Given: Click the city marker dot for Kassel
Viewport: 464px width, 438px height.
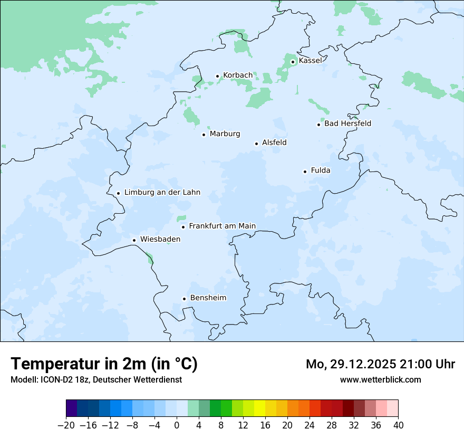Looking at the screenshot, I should (x=293, y=62).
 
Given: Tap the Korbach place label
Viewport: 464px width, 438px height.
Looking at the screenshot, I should (x=238, y=75).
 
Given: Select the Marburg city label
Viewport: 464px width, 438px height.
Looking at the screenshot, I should (x=225, y=134).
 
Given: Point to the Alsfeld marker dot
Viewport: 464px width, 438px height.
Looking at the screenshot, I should (x=256, y=144).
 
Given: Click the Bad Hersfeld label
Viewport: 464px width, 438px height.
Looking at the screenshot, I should (x=347, y=124).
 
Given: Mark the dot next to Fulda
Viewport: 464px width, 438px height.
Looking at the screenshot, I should (x=305, y=172).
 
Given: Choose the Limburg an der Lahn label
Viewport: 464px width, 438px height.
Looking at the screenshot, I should (x=162, y=193).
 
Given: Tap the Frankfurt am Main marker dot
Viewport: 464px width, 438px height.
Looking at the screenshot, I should (x=183, y=227).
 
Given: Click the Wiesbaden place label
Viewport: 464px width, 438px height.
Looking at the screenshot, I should (x=160, y=240).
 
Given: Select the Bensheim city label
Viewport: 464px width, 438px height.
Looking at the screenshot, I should (x=208, y=298).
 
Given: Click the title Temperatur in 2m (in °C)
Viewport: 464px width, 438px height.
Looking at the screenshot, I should (x=104, y=364).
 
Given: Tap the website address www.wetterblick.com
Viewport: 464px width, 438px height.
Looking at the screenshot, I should (x=380, y=380).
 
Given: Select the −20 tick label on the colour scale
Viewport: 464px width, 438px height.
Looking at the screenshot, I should (x=66, y=425).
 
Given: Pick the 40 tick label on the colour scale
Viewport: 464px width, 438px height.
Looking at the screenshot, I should (x=398, y=425).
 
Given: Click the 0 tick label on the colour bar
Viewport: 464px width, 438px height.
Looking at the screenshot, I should (x=177, y=425).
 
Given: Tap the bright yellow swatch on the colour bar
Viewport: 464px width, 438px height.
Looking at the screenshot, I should (x=259, y=408).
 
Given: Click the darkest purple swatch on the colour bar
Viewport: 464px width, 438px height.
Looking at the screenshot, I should (x=72, y=408).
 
